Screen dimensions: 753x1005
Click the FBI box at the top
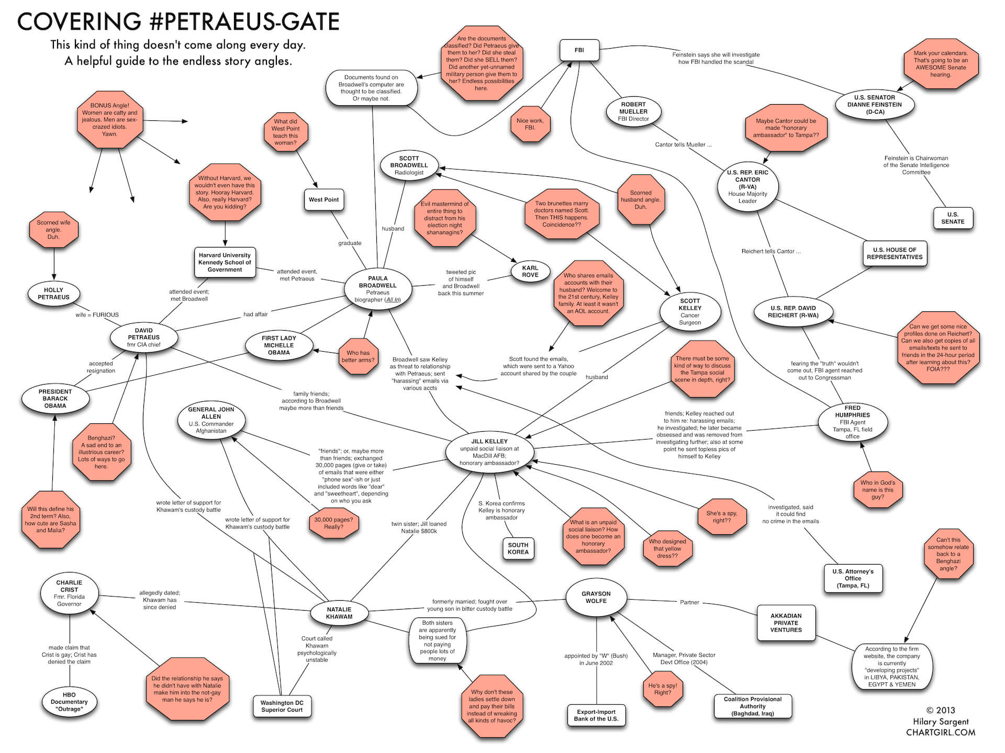[579, 50]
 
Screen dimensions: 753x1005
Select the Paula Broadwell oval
[377, 289]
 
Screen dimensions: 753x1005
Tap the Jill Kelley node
[489, 452]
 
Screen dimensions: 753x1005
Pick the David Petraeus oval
[144, 338]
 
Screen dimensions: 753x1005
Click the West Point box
[323, 199]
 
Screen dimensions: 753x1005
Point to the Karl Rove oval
[530, 271]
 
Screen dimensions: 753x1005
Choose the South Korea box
[518, 548]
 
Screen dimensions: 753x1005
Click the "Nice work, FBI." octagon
[530, 124]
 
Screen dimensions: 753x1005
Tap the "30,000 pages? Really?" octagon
[333, 523]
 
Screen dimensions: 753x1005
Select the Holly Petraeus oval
[53, 294]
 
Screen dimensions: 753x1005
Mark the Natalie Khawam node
[339, 613]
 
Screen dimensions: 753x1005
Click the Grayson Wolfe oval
[596, 598]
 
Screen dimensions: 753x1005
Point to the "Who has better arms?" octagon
[358, 356]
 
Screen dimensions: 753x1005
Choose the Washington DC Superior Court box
[282, 706]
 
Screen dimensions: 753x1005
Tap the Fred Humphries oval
[852, 422]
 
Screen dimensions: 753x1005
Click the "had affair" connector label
[255, 314]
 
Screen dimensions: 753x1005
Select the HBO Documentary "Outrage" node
[69, 702]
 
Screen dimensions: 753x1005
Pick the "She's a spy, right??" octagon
[721, 517]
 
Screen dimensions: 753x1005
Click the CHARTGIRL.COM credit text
[941, 733]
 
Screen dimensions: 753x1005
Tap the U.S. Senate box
[952, 218]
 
